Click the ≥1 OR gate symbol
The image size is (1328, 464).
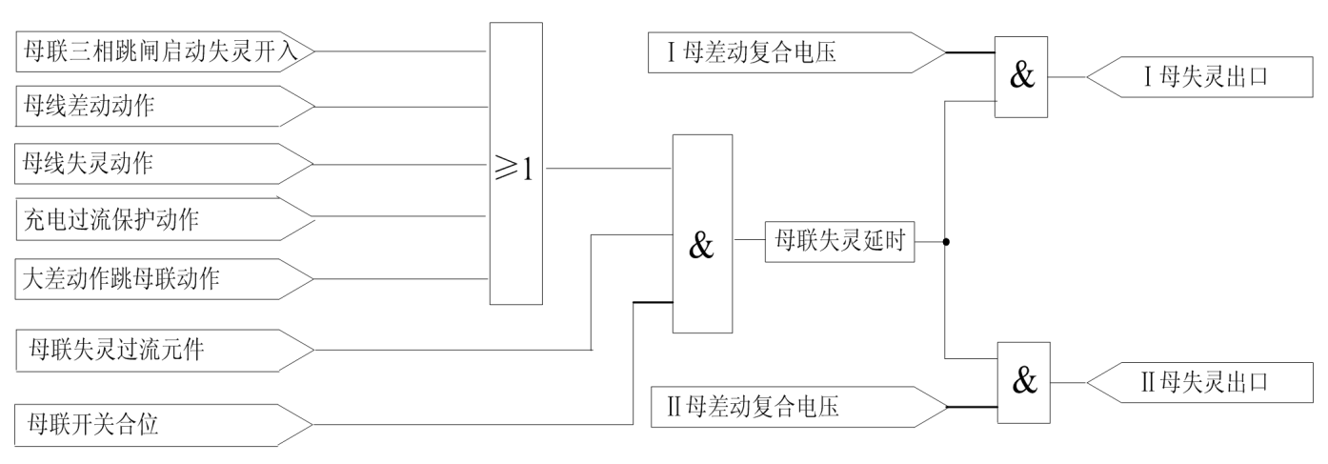[x=516, y=164]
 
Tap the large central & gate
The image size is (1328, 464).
[x=702, y=234]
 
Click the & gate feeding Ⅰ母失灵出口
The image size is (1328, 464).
[x=1021, y=77]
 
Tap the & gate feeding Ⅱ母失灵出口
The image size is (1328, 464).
[x=1023, y=382]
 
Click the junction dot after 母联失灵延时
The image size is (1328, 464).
[x=945, y=242]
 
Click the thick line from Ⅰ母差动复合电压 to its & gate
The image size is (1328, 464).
[x=970, y=52]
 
